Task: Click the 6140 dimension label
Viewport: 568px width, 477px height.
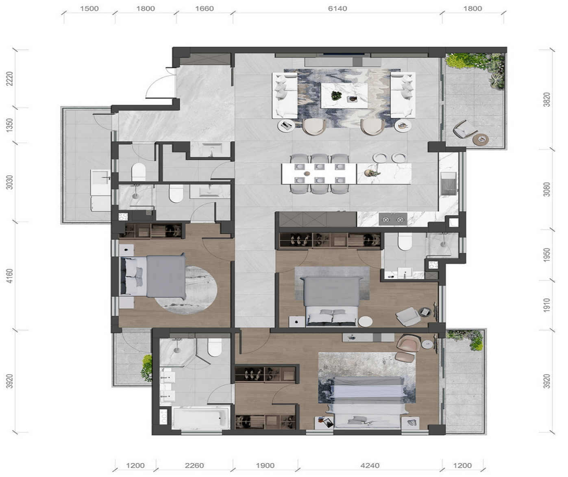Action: click(x=337, y=9)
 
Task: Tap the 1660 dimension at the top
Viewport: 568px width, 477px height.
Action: click(x=204, y=9)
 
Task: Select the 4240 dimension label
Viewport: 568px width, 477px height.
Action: click(x=370, y=466)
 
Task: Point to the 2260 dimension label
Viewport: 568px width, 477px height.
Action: click(x=194, y=466)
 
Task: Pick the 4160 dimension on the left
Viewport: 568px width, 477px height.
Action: click(x=9, y=276)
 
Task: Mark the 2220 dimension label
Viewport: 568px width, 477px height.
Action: click(x=9, y=78)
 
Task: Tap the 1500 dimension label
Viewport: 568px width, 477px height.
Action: click(x=89, y=9)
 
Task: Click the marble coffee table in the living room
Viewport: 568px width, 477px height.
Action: click(x=344, y=96)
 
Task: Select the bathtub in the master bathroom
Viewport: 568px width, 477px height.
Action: click(x=201, y=418)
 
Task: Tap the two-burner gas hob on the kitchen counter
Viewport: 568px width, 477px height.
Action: click(x=393, y=220)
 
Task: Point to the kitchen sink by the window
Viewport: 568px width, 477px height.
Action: click(x=448, y=183)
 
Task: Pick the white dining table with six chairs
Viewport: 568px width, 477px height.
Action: click(x=319, y=174)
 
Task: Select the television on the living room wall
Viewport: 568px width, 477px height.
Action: click(x=343, y=54)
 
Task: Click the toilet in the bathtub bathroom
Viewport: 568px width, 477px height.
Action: click(x=215, y=347)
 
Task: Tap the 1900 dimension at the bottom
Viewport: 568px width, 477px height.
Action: click(x=265, y=466)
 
